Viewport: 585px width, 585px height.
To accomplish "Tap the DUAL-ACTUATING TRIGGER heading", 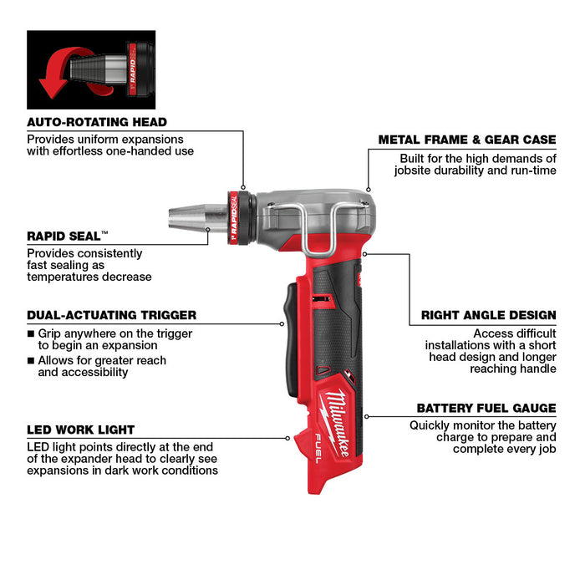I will tap(111, 315).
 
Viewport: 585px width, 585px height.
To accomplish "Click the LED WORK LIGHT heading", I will tap(80, 430).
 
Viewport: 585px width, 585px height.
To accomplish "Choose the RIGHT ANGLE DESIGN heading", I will tap(488, 315).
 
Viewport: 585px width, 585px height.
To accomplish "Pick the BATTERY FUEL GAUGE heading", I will tap(486, 408).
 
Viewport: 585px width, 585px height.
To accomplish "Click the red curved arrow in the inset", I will tap(54, 74).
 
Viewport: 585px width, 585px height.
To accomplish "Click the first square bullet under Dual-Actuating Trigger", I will tap(31, 333).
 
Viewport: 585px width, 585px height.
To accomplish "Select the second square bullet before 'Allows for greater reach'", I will tap(31, 361).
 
